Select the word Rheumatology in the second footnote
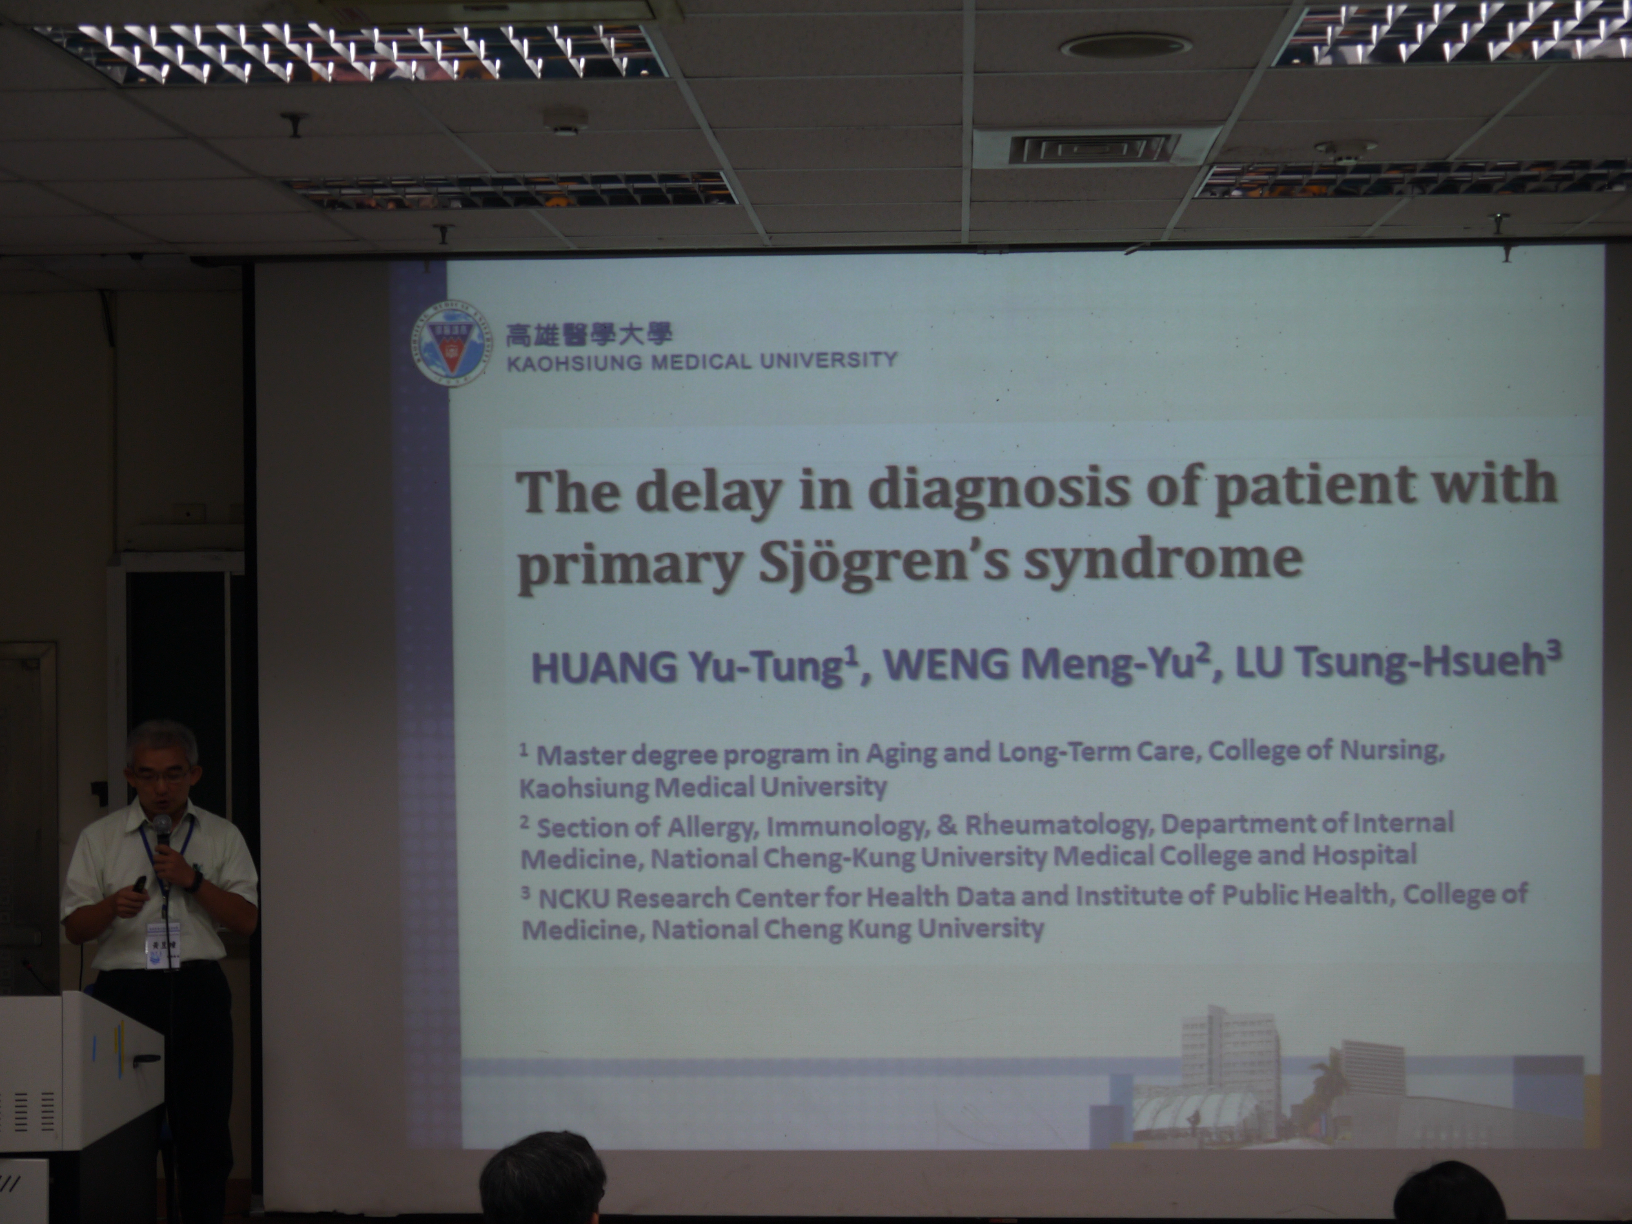point(1059,824)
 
